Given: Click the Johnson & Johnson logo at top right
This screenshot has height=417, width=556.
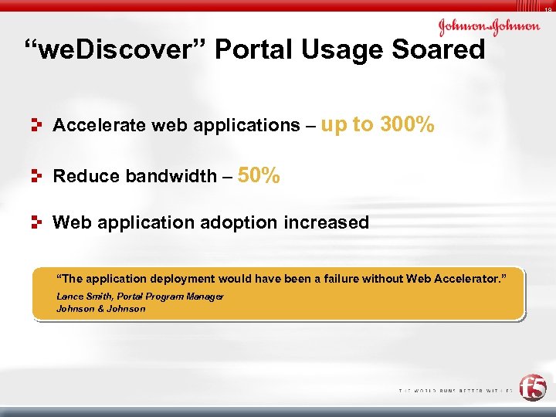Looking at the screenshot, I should point(489,27).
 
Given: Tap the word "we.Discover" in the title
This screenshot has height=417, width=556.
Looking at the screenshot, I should point(115,51).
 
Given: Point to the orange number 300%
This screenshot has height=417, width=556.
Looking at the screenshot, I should point(407,124).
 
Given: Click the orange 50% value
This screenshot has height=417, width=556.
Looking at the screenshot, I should point(259,175).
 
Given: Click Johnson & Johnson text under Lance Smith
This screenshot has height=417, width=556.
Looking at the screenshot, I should point(100,309).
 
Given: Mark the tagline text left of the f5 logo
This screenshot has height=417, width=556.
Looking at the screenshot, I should point(455,391).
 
